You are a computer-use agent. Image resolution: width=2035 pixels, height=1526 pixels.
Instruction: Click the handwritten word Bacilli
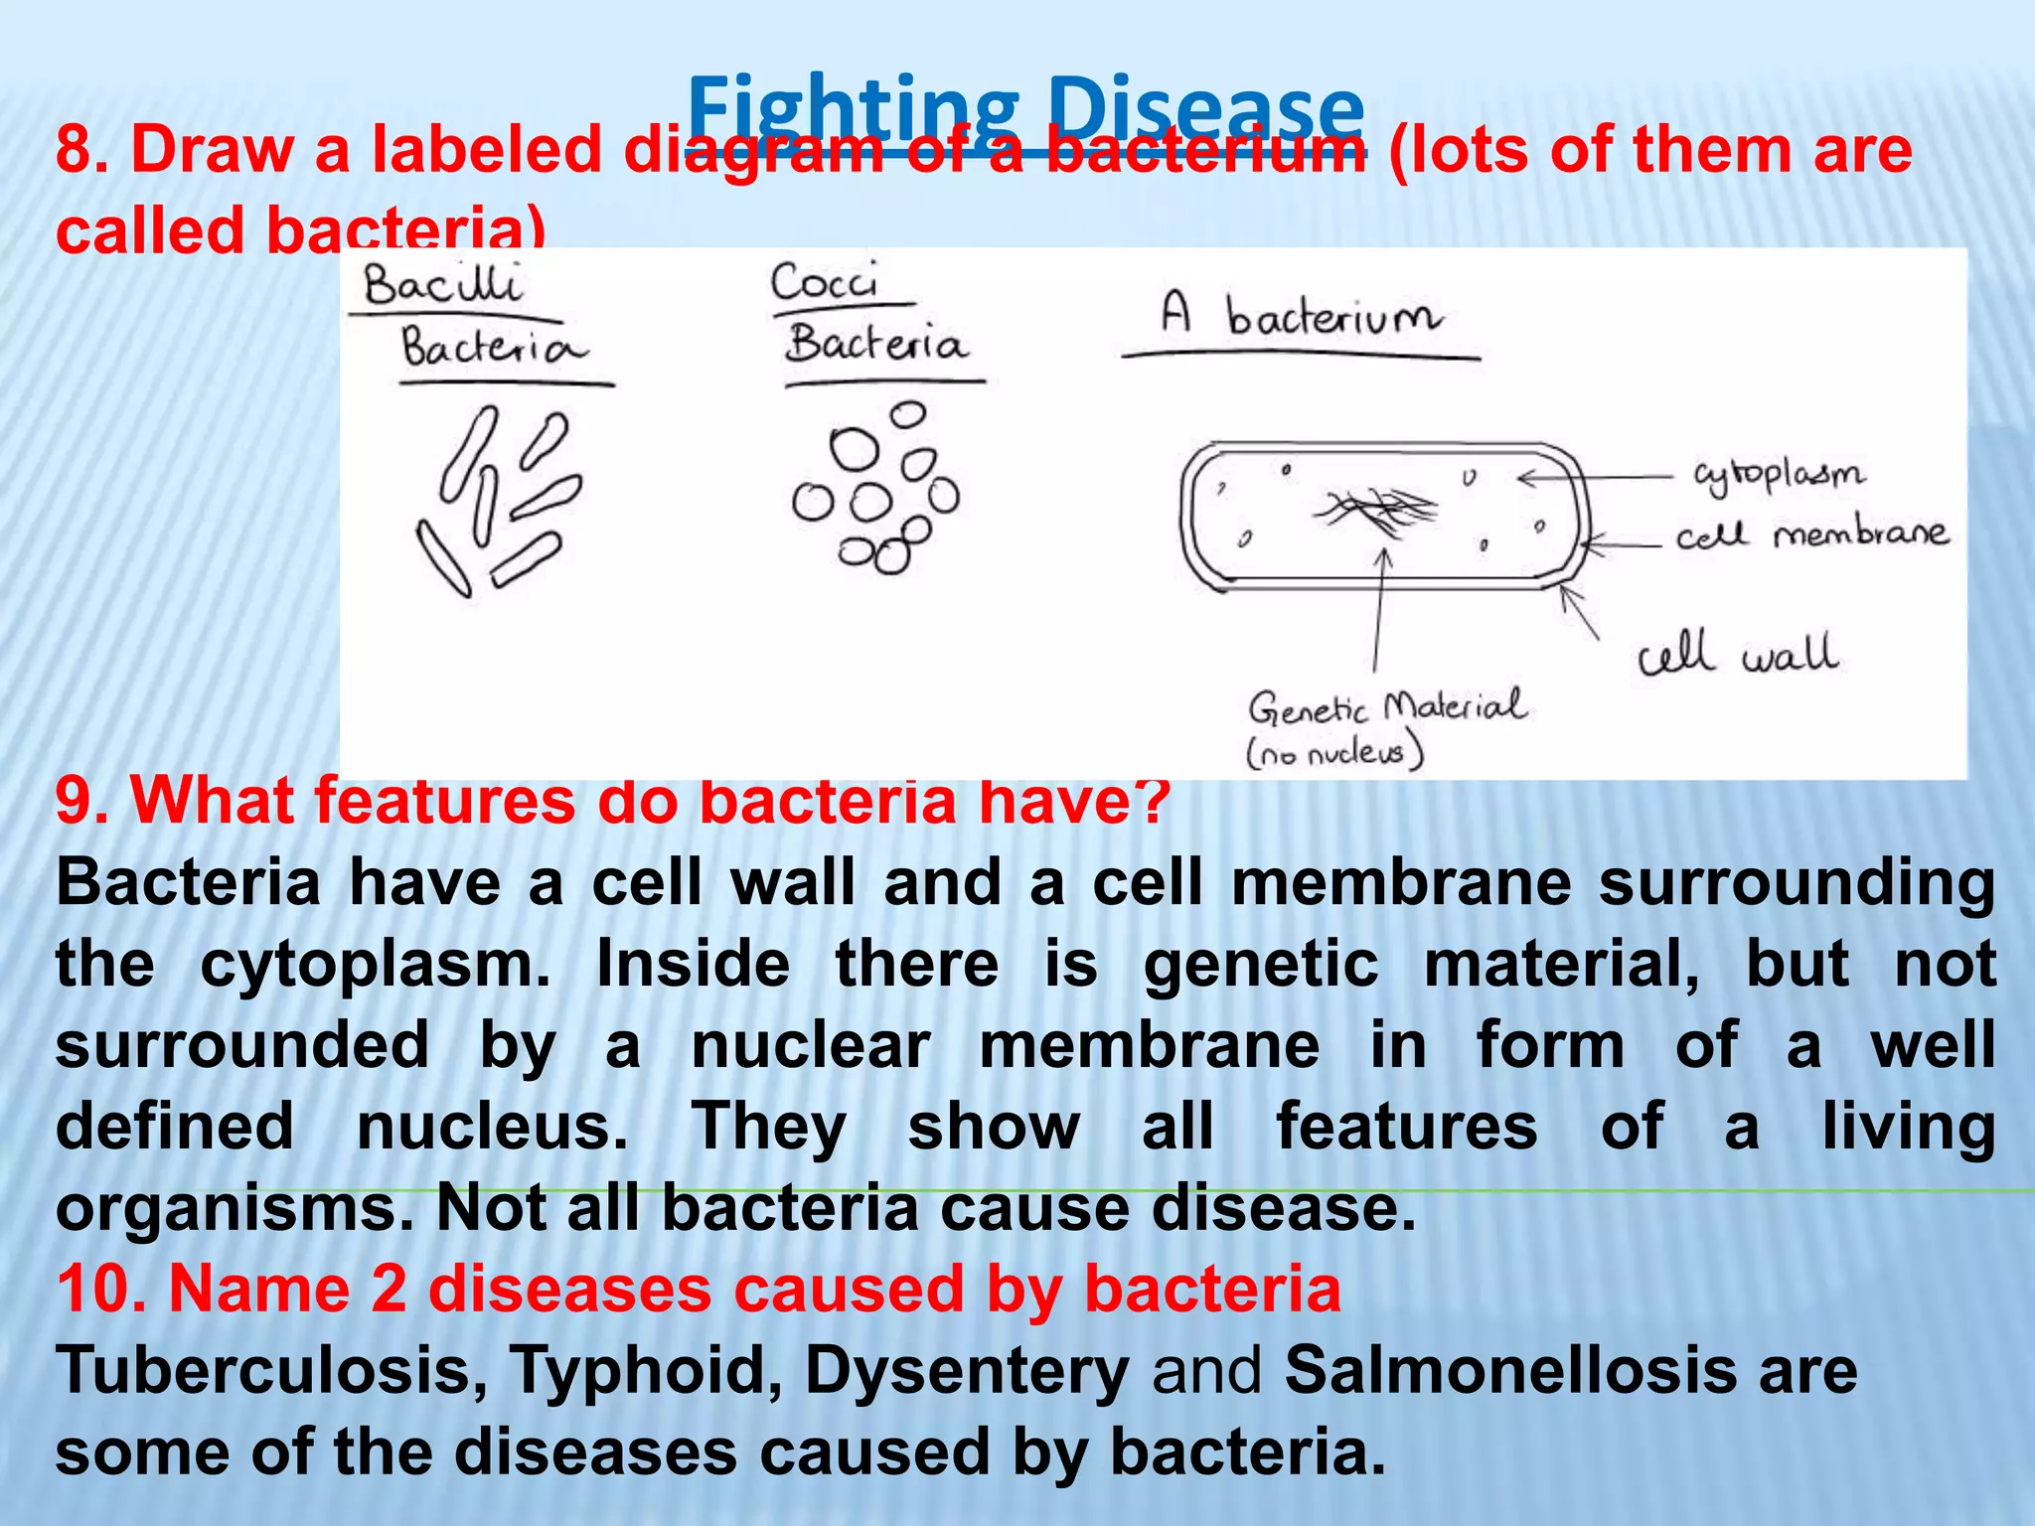[x=442, y=285]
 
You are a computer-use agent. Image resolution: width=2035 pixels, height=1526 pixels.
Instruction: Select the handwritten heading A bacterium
[x=1302, y=317]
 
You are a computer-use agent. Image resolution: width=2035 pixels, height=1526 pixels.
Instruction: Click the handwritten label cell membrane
[x=1811, y=535]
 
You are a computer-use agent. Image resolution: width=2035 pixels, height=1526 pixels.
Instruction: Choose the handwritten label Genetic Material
[x=1387, y=706]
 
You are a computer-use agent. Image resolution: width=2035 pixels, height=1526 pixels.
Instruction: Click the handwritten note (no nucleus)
[x=1335, y=752]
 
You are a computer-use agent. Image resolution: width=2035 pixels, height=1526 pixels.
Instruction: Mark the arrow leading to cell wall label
[x=1579, y=610]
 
